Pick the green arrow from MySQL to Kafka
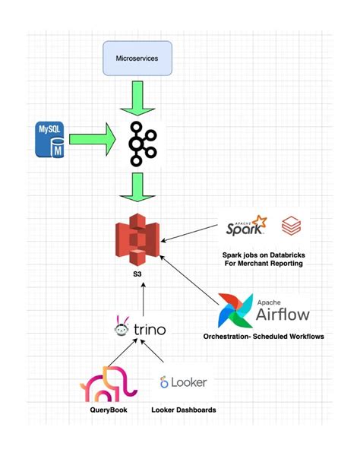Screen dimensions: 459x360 90,141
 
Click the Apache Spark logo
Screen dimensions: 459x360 248,226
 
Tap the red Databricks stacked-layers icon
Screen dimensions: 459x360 291,226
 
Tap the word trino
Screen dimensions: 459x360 149,331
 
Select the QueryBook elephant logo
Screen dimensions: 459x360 109,384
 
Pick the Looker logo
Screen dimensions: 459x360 182,382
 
